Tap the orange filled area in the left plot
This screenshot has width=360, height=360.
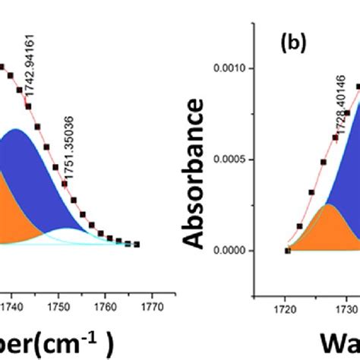[x=15, y=213]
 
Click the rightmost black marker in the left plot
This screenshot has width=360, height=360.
[x=137, y=245]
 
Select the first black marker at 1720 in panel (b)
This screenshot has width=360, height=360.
[x=287, y=251]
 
